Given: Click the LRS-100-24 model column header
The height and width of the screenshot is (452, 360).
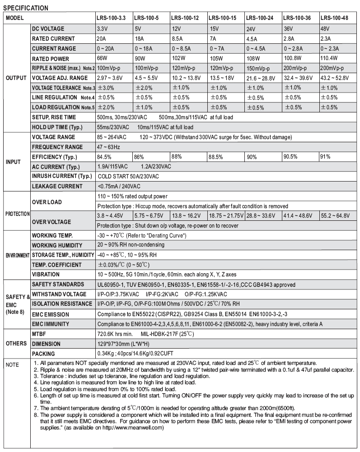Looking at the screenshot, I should coord(261,18).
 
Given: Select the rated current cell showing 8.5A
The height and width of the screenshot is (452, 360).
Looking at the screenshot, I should coord(178,38).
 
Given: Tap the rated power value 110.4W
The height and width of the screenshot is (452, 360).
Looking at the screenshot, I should coord(329,58).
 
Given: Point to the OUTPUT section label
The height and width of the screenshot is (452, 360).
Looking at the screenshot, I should coord(16,78).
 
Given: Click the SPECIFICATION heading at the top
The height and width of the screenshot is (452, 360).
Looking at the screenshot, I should coord(25,8).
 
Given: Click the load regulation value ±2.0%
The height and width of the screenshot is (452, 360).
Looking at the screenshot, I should coord(106,107).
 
